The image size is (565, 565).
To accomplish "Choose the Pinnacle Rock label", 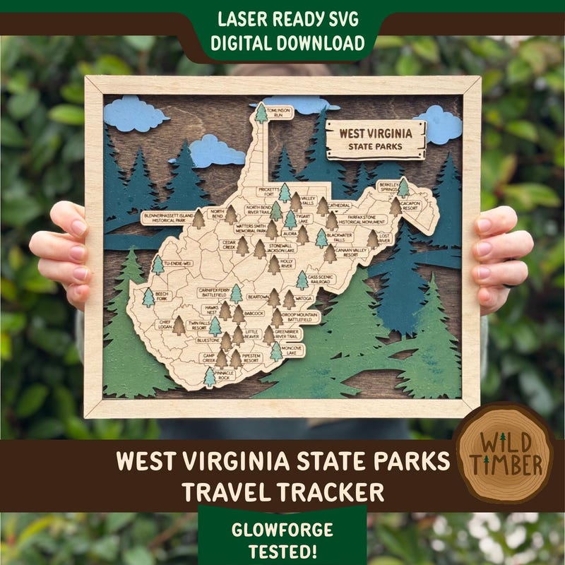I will pos(224,378).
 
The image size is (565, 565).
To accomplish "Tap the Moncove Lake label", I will pos(292,350).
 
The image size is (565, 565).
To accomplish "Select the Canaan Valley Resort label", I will pos(351,251).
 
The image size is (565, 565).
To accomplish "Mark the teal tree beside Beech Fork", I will pos(148,297).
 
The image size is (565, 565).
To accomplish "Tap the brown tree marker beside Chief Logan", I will pos(179,326).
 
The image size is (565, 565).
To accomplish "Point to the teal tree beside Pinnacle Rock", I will pos(210,376).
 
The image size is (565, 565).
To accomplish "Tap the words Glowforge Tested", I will pos(282,540).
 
